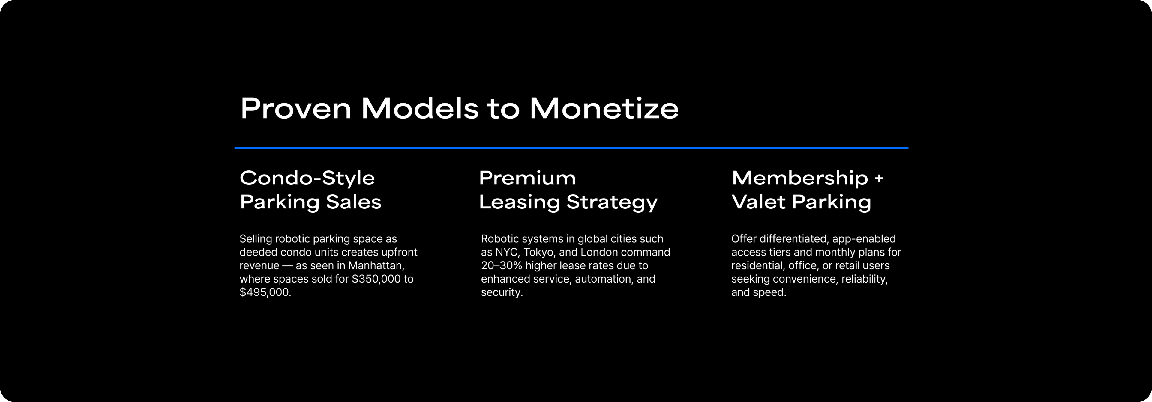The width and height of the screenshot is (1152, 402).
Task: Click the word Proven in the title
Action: tap(295, 108)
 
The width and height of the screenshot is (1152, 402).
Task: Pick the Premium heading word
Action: tap(527, 178)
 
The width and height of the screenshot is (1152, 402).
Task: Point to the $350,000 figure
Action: tap(376, 279)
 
